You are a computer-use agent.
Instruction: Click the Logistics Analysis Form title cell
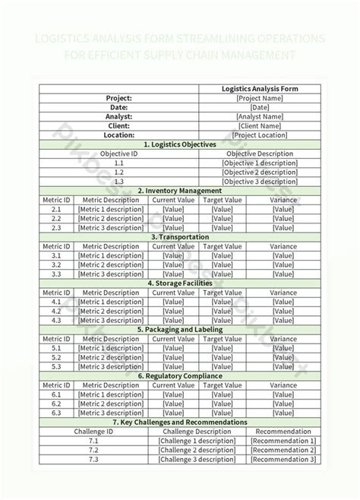tap(260, 89)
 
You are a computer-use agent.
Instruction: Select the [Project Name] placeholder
tap(260, 98)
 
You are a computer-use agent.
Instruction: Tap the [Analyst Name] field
tap(260, 116)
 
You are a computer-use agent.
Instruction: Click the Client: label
tap(120, 125)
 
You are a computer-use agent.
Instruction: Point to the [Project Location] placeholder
tap(260, 134)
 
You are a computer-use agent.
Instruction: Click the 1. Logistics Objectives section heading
tap(180, 144)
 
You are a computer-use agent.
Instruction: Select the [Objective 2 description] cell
tap(260, 172)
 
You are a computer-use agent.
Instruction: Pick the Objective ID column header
tap(120, 153)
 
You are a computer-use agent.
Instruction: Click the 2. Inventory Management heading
tap(180, 190)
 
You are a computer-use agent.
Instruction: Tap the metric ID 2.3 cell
tap(56, 227)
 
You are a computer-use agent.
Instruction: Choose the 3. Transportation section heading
tap(180, 236)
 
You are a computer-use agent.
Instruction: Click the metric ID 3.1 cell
tap(56, 255)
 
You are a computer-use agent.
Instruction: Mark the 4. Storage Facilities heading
tap(180, 283)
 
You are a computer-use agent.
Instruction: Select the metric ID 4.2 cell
tap(56, 311)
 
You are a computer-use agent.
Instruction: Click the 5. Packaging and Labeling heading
tap(180, 329)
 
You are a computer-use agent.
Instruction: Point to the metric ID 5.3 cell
tap(56, 366)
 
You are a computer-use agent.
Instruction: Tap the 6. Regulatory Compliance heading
tap(180, 375)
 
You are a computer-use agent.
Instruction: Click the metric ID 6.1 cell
tap(56, 394)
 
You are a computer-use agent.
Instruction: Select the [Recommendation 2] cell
tap(283, 450)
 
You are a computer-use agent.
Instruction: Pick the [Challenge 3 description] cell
tap(197, 459)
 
